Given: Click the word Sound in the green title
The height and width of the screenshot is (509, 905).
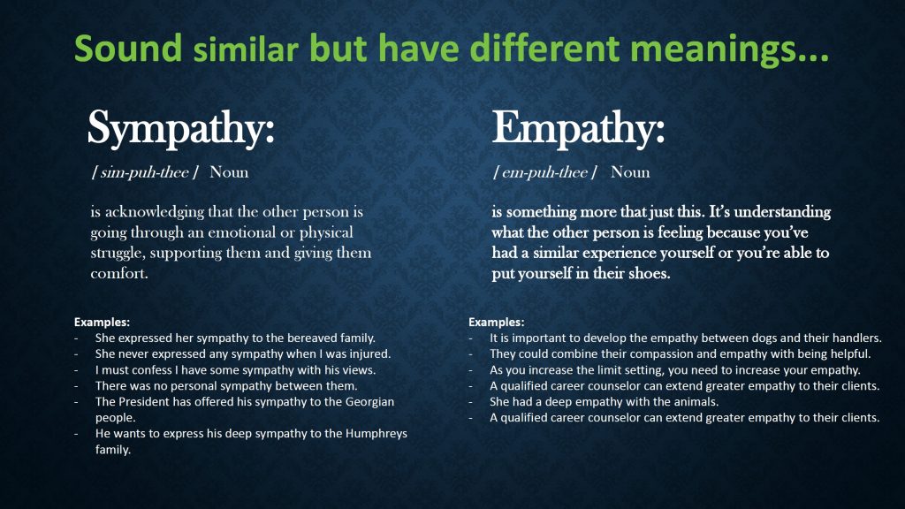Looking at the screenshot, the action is pyautogui.click(x=128, y=48).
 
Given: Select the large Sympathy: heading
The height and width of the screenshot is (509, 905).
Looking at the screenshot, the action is pyautogui.click(x=180, y=129).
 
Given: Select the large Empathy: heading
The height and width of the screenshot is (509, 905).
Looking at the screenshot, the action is pyautogui.click(x=578, y=129).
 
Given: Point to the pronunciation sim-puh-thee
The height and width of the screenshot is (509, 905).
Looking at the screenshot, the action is pyautogui.click(x=144, y=172).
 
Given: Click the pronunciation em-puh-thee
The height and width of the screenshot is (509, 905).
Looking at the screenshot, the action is pyautogui.click(x=544, y=172).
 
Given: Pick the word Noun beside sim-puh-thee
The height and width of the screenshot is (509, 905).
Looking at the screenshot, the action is pyautogui.click(x=229, y=172).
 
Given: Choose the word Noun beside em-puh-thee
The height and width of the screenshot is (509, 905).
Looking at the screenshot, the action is pyautogui.click(x=630, y=172).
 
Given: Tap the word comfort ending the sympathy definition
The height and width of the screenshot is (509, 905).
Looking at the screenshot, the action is pyautogui.click(x=118, y=273).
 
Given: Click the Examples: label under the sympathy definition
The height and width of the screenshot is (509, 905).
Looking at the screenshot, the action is pyautogui.click(x=102, y=322).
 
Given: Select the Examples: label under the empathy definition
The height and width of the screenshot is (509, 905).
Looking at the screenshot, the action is pyautogui.click(x=497, y=322).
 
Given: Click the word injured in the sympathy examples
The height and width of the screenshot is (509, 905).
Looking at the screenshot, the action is pyautogui.click(x=369, y=353).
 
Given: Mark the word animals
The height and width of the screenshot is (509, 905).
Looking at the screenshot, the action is pyautogui.click(x=695, y=402).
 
